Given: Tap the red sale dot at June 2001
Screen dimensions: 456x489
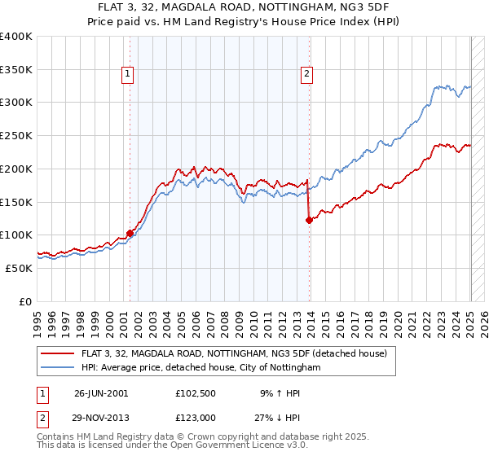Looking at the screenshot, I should pos(130,233).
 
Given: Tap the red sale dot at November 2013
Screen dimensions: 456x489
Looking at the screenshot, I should pos(309,220).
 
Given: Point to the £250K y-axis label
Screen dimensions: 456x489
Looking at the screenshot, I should pos(15,136).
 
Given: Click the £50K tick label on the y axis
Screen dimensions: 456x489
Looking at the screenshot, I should pos(18,268).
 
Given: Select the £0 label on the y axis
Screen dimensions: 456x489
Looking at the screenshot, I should pos(25,301).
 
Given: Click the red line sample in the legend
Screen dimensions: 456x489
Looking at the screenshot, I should pos(59,353).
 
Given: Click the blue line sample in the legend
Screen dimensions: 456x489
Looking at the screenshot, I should pos(59,367).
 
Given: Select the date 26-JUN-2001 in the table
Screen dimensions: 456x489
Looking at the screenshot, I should pos(101,392).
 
